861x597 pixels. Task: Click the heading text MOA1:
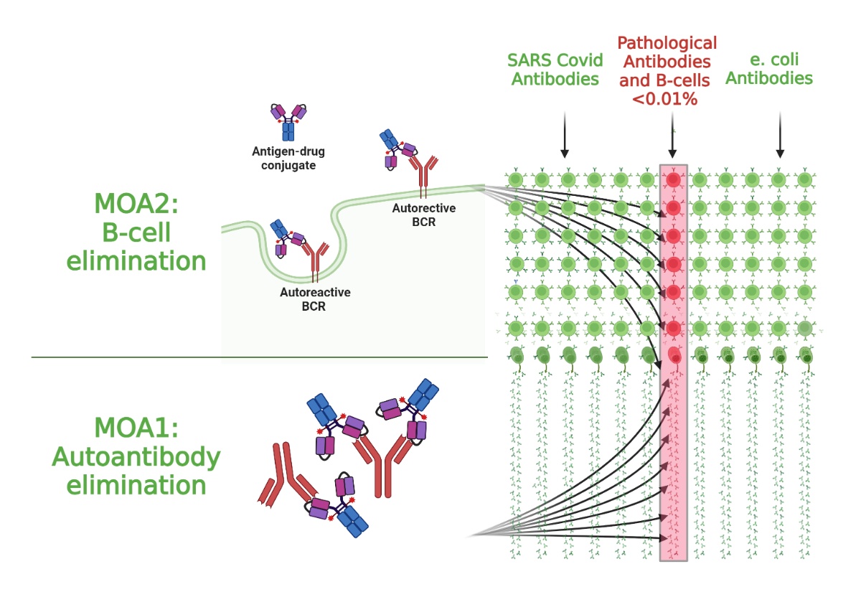pos(136,431)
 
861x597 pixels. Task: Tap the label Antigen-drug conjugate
pos(284,158)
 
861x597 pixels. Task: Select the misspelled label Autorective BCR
pos(413,215)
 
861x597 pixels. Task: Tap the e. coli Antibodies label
pos(768,70)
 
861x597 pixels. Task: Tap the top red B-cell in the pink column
pos(672,179)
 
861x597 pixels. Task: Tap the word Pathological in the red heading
pos(667,43)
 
